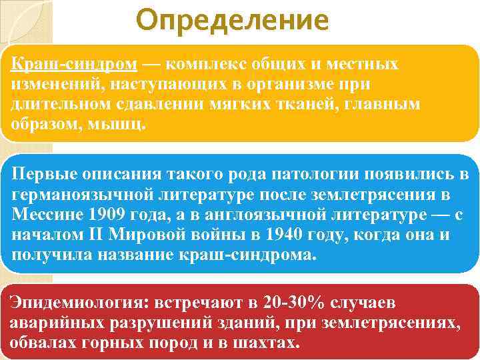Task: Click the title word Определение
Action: point(231,21)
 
